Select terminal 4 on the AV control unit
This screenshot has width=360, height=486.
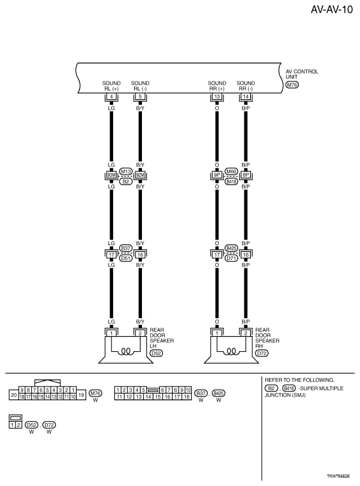pyautogui.click(x=111, y=96)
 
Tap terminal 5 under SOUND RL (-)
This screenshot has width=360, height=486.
pyautogui.click(x=140, y=96)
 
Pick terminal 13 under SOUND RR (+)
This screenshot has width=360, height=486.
pyautogui.click(x=216, y=96)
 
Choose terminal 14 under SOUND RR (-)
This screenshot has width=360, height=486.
pyautogui.click(x=246, y=96)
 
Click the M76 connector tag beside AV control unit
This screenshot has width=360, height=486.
pyautogui.click(x=292, y=85)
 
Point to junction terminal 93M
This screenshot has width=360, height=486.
pyautogui.click(x=111, y=176)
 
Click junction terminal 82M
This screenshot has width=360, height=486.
pyautogui.click(x=140, y=176)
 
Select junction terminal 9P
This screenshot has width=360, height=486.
pyautogui.click(x=216, y=176)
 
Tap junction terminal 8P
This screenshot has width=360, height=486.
pyautogui.click(x=246, y=176)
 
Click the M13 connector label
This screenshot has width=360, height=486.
pyautogui.click(x=126, y=171)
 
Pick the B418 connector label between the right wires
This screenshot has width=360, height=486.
pyautogui.click(x=231, y=181)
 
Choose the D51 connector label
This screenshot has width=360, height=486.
pyautogui.click(x=126, y=258)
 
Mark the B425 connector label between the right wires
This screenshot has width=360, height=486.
pyautogui.click(x=231, y=247)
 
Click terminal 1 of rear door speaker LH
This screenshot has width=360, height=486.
pyautogui.click(x=111, y=333)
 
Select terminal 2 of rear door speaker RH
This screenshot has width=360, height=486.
pyautogui.click(x=246, y=333)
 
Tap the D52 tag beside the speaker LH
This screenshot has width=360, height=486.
pyautogui.click(x=156, y=354)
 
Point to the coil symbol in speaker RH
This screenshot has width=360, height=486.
pyautogui.click(x=231, y=352)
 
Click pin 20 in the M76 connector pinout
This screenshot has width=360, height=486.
pyautogui.click(x=13, y=394)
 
